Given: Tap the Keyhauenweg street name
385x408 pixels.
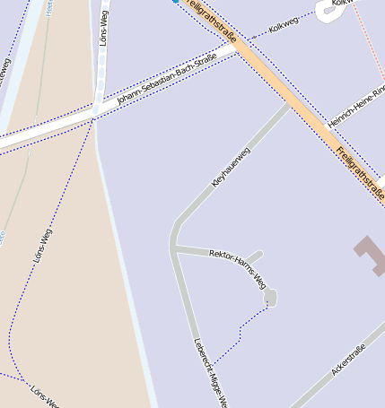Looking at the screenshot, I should [231, 167].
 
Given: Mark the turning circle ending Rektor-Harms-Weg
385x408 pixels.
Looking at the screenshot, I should [270, 296].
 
